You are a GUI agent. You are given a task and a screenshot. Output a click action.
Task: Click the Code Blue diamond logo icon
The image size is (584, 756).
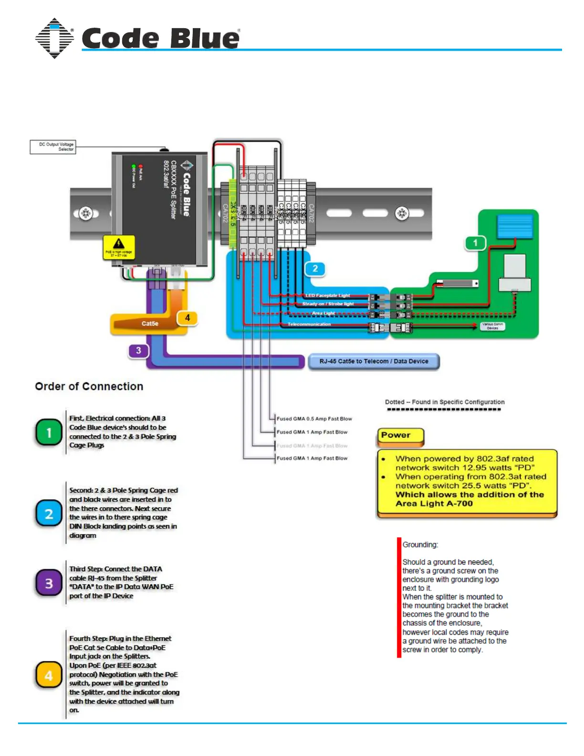(54, 38)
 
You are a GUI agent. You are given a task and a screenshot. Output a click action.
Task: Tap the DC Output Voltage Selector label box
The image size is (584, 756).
(53, 147)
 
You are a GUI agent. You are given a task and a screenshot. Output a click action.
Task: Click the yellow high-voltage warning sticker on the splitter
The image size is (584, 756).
(119, 247)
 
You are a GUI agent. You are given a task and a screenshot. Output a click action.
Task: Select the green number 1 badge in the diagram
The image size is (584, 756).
(475, 243)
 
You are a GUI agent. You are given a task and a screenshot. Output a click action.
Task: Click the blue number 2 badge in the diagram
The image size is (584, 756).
(315, 269)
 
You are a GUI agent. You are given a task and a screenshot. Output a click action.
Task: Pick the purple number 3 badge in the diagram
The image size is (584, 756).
(138, 351)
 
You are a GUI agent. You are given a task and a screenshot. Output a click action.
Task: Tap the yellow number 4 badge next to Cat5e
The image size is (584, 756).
(188, 318)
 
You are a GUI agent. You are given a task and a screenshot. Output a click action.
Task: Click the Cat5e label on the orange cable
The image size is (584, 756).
(150, 324)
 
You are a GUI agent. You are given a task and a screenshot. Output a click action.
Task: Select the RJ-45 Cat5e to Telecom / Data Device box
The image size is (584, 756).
(374, 361)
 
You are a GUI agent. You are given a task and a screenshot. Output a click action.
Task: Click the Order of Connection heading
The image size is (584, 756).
(89, 387)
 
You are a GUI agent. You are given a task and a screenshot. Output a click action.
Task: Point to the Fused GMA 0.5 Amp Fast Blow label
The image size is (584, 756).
(314, 419)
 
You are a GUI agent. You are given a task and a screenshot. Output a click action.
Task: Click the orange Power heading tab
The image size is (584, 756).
(400, 436)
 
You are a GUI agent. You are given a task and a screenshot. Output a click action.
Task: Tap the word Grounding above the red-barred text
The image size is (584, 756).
(420, 545)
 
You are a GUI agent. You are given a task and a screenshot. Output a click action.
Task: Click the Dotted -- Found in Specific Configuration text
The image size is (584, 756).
(445, 402)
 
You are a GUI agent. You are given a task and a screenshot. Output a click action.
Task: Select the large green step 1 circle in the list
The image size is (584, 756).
(49, 432)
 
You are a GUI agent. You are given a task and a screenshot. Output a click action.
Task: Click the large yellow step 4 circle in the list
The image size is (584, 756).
(49, 675)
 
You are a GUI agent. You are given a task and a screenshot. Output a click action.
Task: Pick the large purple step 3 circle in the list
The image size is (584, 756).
(49, 583)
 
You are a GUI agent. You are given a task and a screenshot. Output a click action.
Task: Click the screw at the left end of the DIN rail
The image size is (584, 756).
(86, 213)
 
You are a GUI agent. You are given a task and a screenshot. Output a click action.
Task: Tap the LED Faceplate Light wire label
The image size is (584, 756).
(328, 295)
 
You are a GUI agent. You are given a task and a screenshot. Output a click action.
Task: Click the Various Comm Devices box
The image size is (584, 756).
(492, 326)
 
